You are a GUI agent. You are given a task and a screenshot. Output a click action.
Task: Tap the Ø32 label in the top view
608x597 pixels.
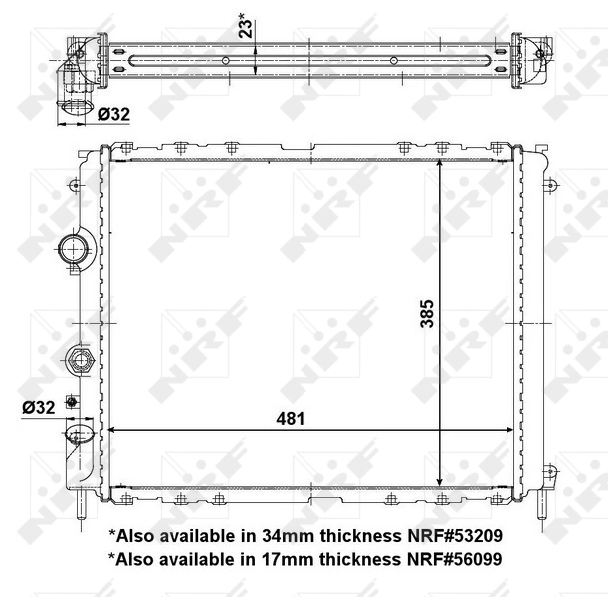112,115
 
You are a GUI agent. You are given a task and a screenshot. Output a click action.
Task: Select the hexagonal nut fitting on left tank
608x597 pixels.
79,358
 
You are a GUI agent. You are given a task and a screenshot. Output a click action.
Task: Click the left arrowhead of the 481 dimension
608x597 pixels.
111,431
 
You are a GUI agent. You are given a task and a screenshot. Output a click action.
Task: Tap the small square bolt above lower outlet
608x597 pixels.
71,402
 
